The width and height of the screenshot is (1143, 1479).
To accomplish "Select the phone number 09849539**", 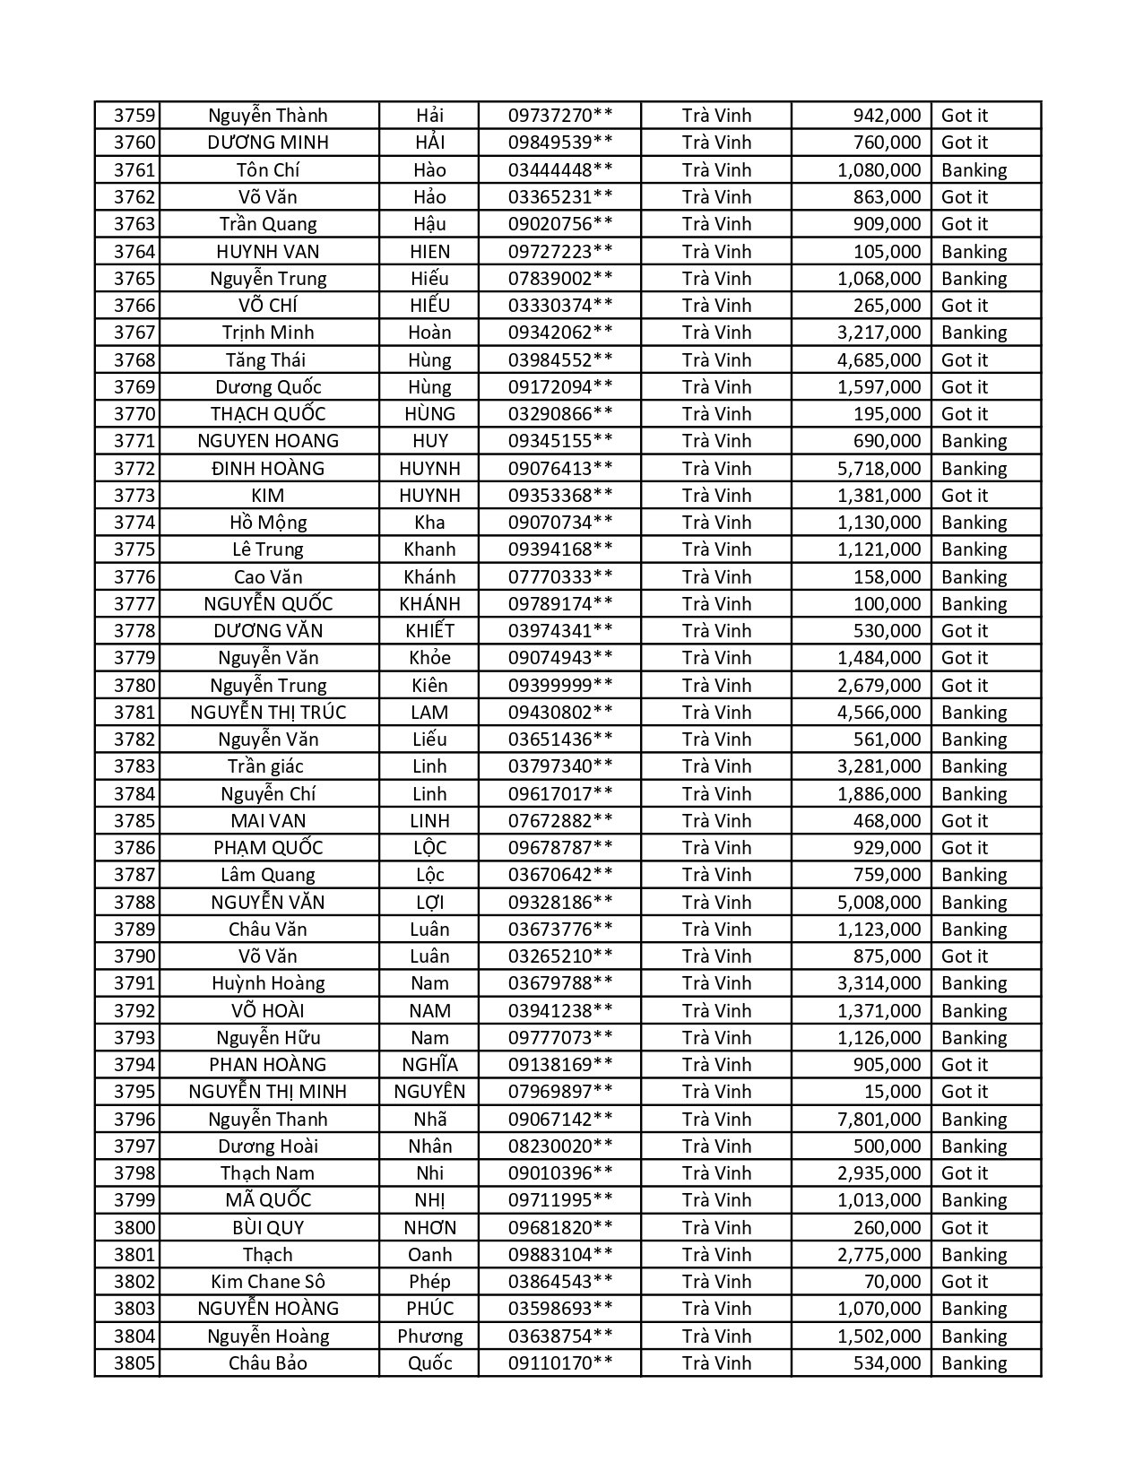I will pyautogui.click(x=560, y=143).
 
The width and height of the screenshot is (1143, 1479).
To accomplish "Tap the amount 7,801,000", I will pyautogui.click(x=879, y=1120).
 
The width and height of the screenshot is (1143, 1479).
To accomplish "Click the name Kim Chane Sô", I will pyautogui.click(x=268, y=1282).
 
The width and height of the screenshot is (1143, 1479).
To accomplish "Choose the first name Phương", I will pyautogui.click(x=429, y=1336).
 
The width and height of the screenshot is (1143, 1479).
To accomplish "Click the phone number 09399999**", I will pyautogui.click(x=560, y=686).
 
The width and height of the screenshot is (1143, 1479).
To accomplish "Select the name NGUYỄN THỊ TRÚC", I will pyautogui.click(x=268, y=713).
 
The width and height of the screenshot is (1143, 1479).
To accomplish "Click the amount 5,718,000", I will pyautogui.click(x=879, y=469).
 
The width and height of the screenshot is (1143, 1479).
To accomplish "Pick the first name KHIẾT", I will pyautogui.click(x=429, y=631).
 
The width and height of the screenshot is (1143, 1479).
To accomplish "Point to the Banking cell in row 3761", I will pyautogui.click(x=974, y=170).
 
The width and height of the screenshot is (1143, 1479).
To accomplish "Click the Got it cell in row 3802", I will pyautogui.click(x=964, y=1282).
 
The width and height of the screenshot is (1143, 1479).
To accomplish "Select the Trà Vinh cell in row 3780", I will pyautogui.click(x=716, y=686).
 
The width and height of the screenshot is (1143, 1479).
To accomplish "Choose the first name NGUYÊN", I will pyautogui.click(x=429, y=1092).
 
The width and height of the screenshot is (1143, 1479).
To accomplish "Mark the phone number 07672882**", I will pyautogui.click(x=560, y=821).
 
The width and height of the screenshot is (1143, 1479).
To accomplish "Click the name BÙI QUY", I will pyautogui.click(x=268, y=1228).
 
